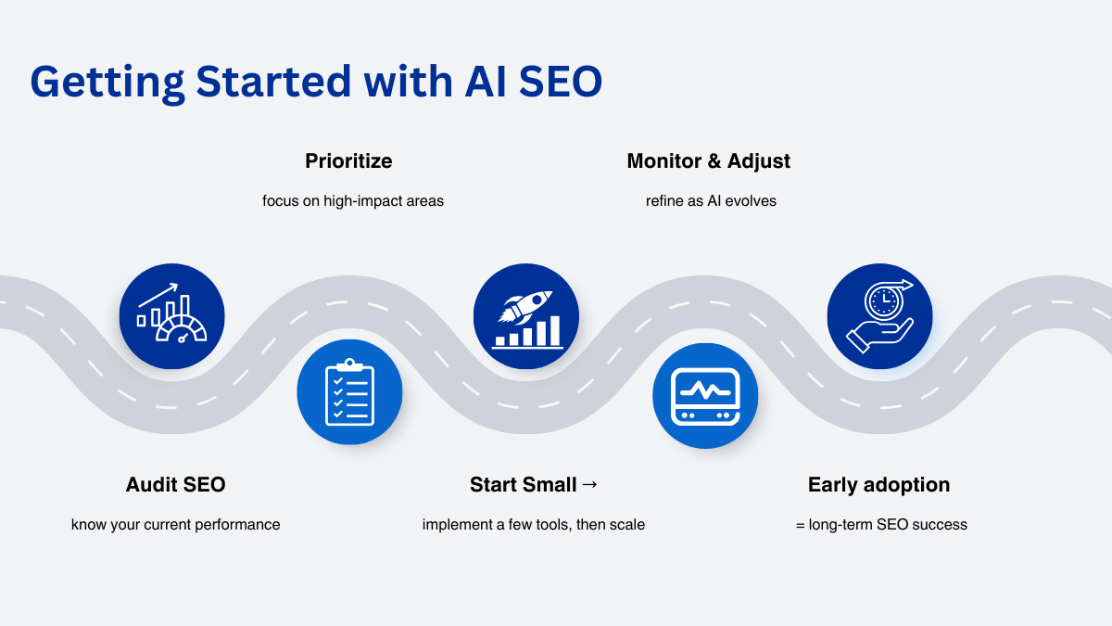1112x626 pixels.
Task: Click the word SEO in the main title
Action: pos(561,81)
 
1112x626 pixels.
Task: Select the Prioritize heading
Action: pos(348,161)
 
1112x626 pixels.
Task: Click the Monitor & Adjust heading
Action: pos(708,161)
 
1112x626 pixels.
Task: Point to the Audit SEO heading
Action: pos(176,484)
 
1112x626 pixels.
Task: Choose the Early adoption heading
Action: pos(878,485)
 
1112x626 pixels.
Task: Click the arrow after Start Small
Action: pos(589,484)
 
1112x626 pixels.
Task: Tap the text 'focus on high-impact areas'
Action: pos(353,201)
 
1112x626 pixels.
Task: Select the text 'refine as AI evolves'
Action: pos(711,200)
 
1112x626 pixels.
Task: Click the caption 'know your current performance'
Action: pos(176,525)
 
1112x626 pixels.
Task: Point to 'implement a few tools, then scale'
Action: pos(534,525)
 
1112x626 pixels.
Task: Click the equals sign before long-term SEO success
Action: pos(801,525)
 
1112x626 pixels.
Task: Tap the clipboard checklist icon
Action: pos(349,392)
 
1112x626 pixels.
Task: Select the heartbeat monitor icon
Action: pos(705,396)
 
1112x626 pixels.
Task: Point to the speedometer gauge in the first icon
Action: pos(182,328)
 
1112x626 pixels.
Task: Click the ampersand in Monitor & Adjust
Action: pos(714,161)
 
